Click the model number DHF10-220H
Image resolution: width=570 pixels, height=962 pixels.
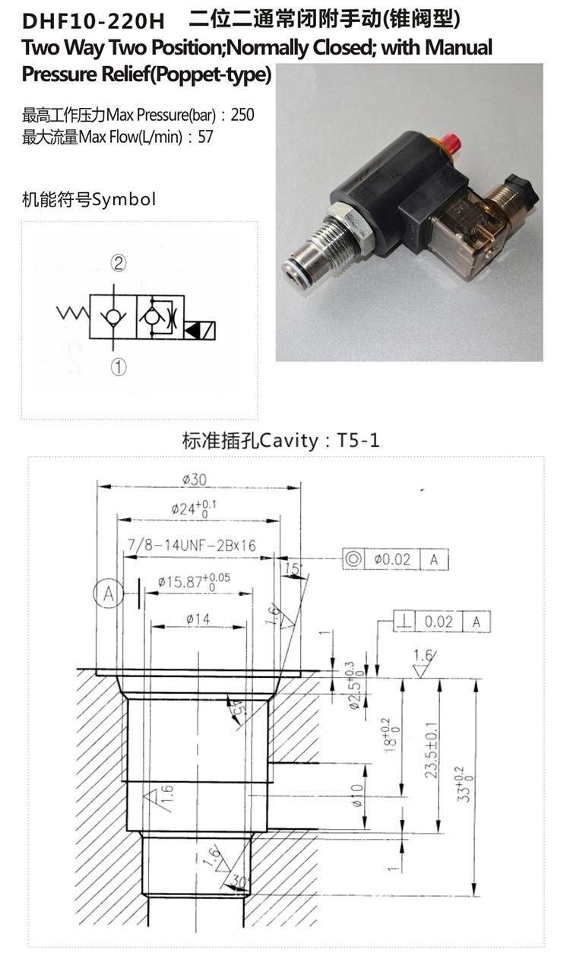(x=93, y=21)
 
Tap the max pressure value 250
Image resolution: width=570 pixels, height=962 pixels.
(x=242, y=115)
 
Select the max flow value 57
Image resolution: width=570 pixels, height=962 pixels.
(x=205, y=137)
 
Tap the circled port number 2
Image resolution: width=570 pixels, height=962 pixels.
(x=119, y=263)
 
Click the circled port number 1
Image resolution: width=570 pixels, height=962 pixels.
(x=119, y=367)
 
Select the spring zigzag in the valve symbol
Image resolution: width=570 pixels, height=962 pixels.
(x=73, y=313)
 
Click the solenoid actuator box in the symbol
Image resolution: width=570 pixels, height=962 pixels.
(x=200, y=331)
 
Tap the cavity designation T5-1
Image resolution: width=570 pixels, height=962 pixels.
(x=358, y=440)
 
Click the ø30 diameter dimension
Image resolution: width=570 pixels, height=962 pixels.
(x=195, y=479)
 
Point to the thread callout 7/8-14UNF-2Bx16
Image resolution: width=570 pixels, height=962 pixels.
(x=192, y=546)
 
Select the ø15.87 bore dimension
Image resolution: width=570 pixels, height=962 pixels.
(x=194, y=581)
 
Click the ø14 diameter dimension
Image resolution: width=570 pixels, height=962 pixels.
(x=198, y=619)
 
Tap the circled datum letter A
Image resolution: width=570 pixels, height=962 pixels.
(x=108, y=594)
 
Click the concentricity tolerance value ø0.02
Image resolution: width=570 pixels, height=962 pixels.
(x=392, y=559)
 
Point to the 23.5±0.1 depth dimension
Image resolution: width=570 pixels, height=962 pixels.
(x=432, y=750)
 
